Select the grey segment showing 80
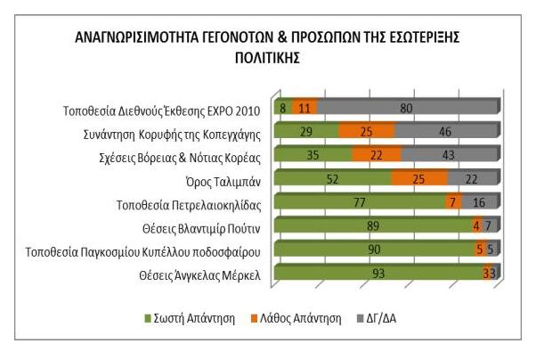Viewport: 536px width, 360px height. [x=406, y=108]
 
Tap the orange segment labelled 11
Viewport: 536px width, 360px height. [x=305, y=108]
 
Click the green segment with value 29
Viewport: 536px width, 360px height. [x=306, y=131]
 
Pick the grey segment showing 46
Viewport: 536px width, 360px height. [x=445, y=131]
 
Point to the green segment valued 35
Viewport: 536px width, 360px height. [x=313, y=155]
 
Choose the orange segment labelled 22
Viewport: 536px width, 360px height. [x=377, y=155]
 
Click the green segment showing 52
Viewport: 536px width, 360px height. [x=332, y=178]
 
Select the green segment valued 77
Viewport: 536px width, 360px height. [x=360, y=202]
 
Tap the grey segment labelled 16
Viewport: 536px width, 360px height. [x=479, y=202]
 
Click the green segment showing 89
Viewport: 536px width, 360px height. [x=373, y=225]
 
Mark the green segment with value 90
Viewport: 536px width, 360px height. [x=374, y=249]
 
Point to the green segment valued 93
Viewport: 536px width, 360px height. [x=378, y=273]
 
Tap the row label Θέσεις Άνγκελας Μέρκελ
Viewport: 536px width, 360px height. [x=199, y=274]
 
